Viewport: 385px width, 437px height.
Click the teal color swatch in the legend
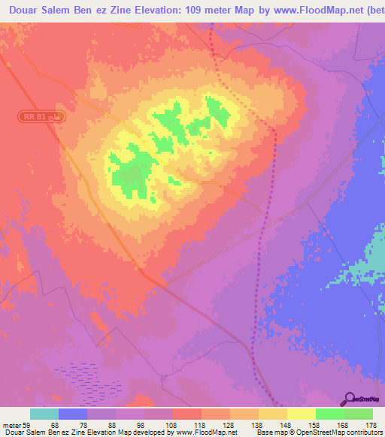[44, 414]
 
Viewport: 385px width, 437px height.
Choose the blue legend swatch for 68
[73, 414]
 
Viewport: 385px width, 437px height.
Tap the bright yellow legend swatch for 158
[302, 414]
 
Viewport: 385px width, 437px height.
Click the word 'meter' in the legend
[11, 424]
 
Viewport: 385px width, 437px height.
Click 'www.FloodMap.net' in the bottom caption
[205, 433]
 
